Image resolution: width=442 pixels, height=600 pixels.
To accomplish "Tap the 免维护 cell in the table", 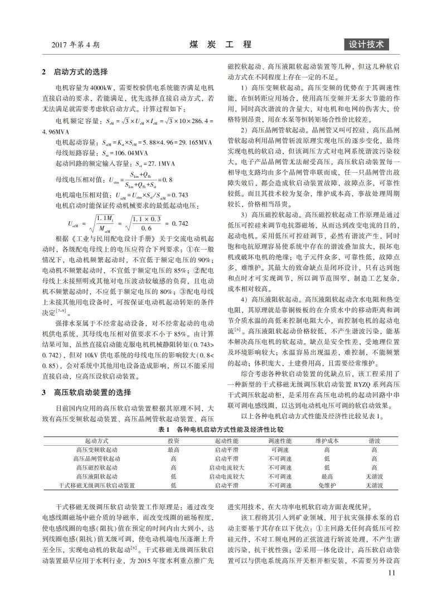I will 326,486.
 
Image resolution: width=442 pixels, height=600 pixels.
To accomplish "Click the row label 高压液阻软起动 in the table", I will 97,477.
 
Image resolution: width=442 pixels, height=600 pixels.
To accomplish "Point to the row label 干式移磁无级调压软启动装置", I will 97,486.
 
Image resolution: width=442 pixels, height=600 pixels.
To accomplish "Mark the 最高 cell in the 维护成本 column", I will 326,477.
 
